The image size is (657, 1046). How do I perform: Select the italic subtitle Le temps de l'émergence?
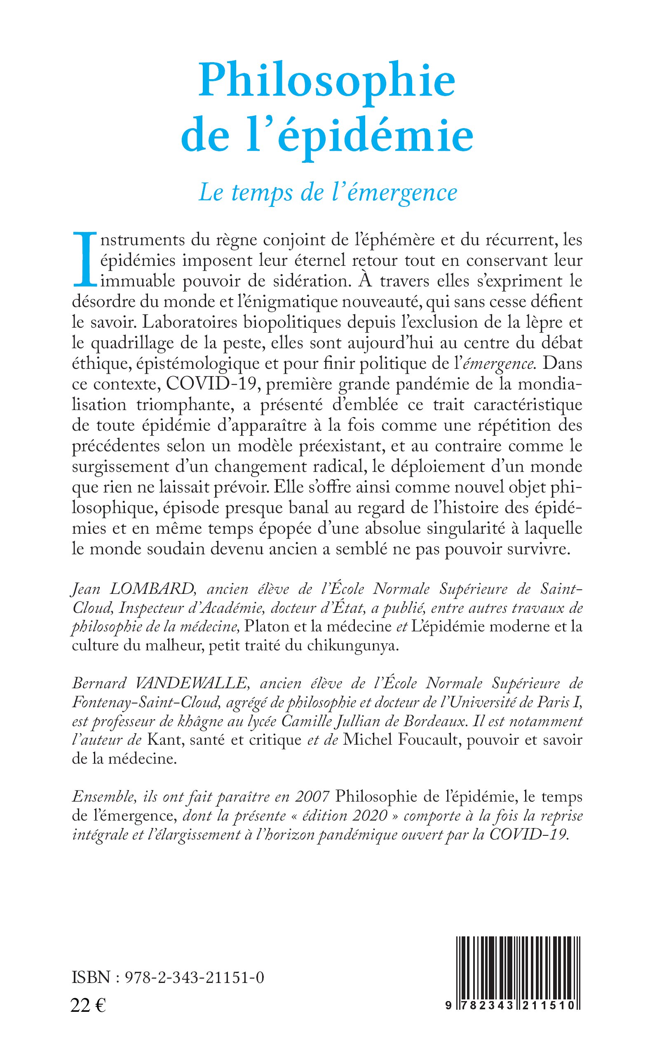point(328,192)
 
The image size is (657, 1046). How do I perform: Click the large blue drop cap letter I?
point(84,260)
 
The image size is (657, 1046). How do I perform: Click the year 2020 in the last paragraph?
point(370,816)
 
